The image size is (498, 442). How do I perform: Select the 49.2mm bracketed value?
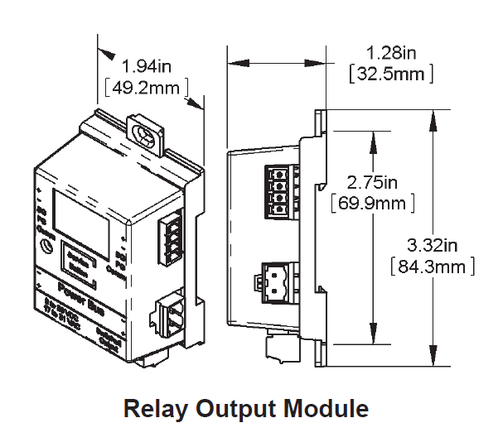point(147,85)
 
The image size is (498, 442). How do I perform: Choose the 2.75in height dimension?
point(372,181)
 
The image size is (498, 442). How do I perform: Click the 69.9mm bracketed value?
point(372,201)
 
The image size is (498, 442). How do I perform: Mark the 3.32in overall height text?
point(432,246)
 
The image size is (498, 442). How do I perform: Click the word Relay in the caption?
point(152,408)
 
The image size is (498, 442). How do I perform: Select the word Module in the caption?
point(323,408)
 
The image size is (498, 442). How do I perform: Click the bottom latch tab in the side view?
point(278,348)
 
